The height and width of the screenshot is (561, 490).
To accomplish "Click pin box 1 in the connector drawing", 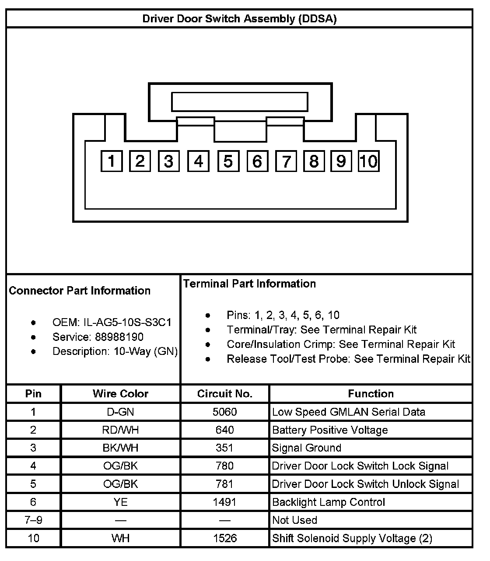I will pos(112,161).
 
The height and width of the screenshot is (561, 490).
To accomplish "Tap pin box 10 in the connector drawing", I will pos(368,161).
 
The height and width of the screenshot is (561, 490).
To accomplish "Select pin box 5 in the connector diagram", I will pos(228,161).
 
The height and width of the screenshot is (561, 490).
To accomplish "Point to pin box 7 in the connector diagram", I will pos(286,161).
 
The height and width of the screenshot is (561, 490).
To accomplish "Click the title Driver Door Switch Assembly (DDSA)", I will pos(239,19).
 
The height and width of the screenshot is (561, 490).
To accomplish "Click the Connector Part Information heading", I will pos(80,291).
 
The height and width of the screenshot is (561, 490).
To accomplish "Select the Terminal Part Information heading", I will pos(249,284).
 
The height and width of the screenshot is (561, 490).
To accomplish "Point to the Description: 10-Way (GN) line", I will pos(115,351).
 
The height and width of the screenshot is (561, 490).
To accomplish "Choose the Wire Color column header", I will pos(120,394).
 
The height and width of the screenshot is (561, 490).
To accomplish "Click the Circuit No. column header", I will pos(225,394).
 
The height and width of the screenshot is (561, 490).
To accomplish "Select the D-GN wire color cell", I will pos(120,412).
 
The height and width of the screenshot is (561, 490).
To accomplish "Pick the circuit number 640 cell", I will pos(225,430).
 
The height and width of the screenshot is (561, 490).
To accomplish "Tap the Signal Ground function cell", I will pos(306,448).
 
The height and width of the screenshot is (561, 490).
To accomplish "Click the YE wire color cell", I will pos(120,502).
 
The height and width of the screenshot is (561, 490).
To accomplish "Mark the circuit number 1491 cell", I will pos(225,502).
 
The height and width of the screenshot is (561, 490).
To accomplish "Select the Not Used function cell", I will pos(294,520).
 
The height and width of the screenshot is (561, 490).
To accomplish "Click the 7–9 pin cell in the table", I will pos(33,520).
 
